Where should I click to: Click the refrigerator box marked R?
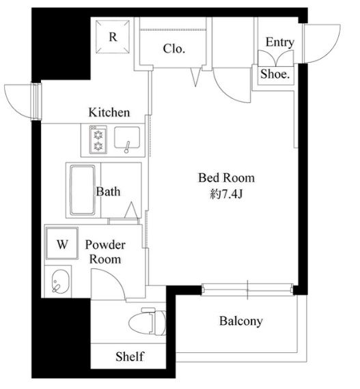(x=113, y=37)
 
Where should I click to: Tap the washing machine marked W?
(x=62, y=243)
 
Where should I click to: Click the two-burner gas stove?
(x=98, y=140)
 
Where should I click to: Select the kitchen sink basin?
(x=127, y=138)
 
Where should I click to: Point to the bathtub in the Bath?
(x=83, y=190)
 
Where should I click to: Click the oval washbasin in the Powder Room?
(x=61, y=282)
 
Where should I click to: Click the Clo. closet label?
(x=174, y=48)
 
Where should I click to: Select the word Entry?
(x=280, y=42)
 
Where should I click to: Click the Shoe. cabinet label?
(x=275, y=74)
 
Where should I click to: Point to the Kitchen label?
(x=109, y=113)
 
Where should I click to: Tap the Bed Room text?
(x=226, y=177)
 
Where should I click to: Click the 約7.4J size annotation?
(x=226, y=194)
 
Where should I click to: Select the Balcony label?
(x=241, y=321)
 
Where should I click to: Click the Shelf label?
(x=130, y=356)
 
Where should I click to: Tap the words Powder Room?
(x=105, y=252)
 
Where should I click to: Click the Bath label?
(x=108, y=192)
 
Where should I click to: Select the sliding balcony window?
(x=247, y=289)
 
